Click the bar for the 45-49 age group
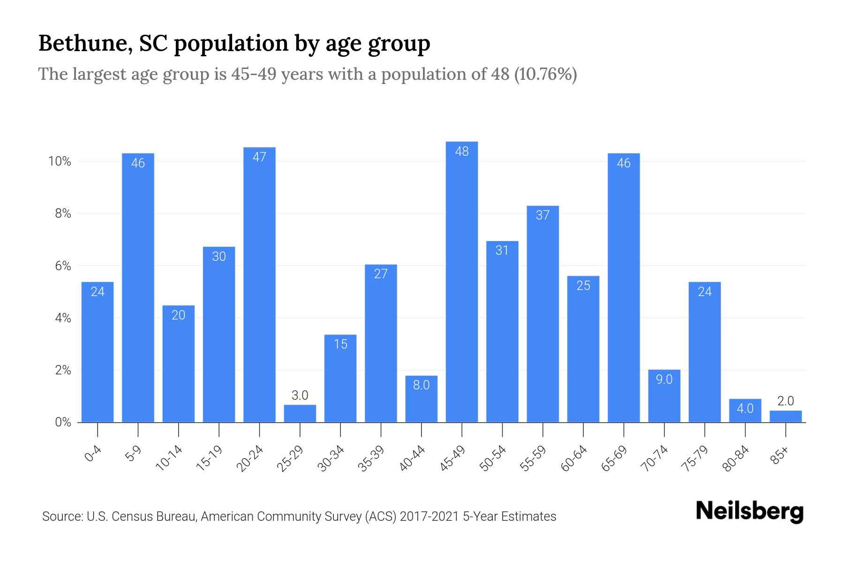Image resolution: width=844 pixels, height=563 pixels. pos(462,281)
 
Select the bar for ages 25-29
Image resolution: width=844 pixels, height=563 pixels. pos(300,414)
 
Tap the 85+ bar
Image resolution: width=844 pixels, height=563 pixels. pos(785,417)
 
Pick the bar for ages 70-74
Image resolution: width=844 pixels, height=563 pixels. pos(664,396)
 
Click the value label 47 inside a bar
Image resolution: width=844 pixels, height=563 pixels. pos(259,157)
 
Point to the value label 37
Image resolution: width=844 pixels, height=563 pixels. pos(543,215)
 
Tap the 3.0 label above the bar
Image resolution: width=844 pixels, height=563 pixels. pos(300,396)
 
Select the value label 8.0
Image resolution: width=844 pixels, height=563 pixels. pos(421,385)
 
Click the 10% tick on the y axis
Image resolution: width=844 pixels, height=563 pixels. pos(60,162)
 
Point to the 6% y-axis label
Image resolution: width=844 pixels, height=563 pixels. pos(63,266)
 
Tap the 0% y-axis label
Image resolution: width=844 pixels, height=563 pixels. pos(63,423)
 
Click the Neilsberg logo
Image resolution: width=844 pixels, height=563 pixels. pos(749,511)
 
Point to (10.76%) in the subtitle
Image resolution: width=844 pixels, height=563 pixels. pos(545,74)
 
